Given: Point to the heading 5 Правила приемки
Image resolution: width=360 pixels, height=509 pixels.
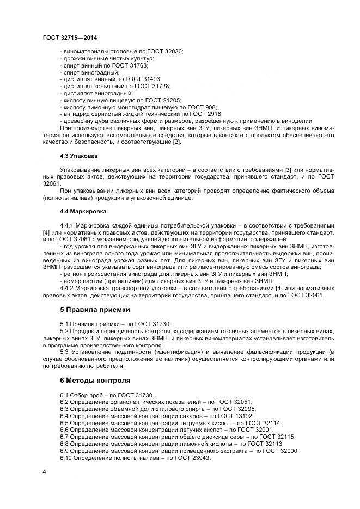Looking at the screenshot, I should pyautogui.click(x=95, y=310).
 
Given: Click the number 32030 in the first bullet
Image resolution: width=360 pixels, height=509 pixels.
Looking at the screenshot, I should pyautogui.click(x=174, y=51).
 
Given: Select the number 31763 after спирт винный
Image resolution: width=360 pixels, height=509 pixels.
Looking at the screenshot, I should pyautogui.click(x=137, y=65).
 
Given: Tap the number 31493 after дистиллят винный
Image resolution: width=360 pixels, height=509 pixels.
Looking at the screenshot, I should pyautogui.click(x=150, y=79).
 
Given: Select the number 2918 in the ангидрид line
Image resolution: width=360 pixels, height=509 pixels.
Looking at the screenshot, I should pyautogui.click(x=212, y=114).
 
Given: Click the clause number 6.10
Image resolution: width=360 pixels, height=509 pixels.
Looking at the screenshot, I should pyautogui.click(x=66, y=458).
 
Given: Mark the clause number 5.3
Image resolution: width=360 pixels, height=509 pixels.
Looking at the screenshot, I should pyautogui.click(x=65, y=353).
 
